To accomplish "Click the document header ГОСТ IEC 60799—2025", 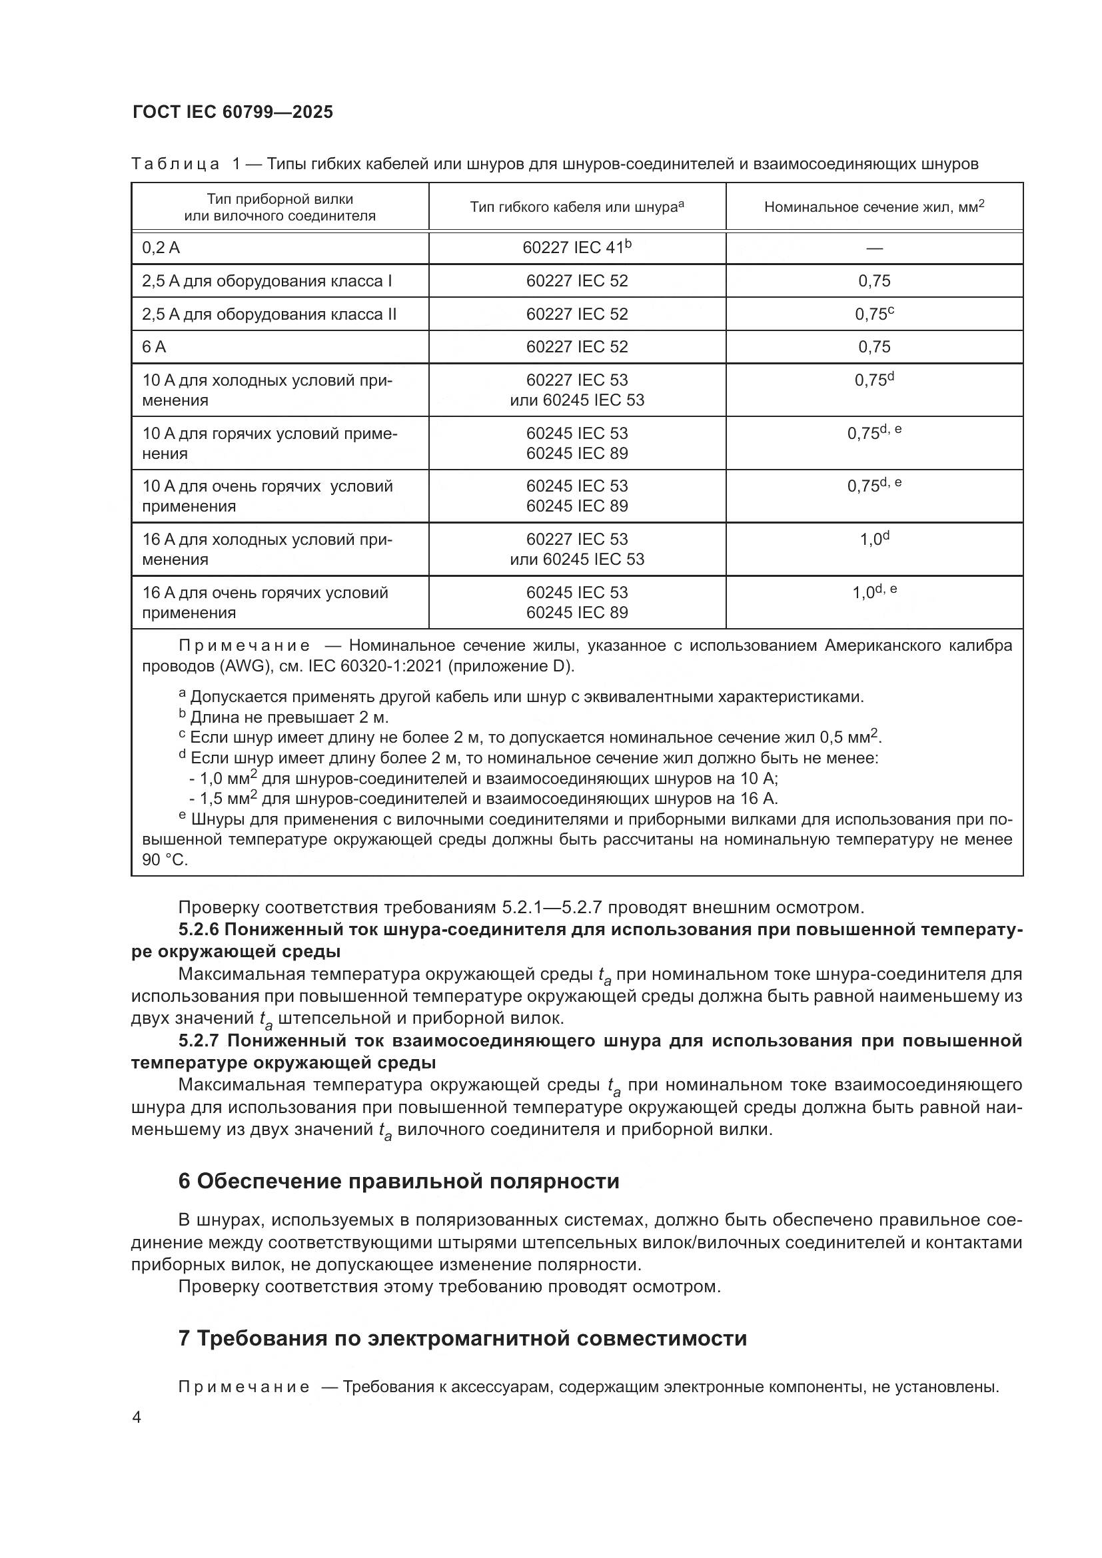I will tap(233, 113).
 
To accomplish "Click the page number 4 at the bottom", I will tap(137, 1417).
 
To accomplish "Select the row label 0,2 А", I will tap(161, 248).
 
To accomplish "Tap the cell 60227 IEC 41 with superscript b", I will tap(576, 248).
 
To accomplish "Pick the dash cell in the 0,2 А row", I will tap(874, 248).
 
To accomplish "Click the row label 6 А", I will tap(154, 348).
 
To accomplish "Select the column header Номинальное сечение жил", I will tap(873, 207).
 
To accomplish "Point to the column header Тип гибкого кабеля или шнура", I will tap(576, 207).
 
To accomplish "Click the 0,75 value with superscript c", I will tap(874, 314).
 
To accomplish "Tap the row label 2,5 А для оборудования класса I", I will tap(267, 281).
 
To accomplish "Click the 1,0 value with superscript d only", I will tap(874, 540).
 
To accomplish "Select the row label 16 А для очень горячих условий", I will tap(265, 603).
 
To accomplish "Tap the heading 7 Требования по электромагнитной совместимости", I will tap(462, 1338).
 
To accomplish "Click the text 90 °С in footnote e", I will tap(164, 860).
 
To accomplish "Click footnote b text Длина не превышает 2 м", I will tap(289, 717).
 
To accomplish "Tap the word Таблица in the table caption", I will tap(175, 165).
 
